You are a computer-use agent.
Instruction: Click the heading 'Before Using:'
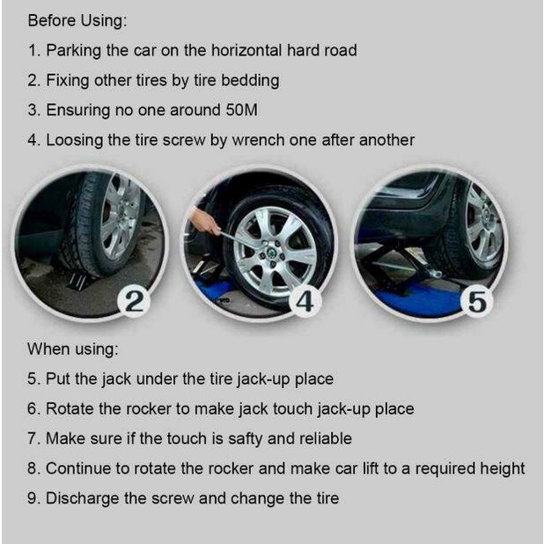pos(77,21)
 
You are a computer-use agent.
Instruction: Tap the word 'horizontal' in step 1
pos(246,50)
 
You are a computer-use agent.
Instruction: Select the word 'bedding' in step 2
pos(250,80)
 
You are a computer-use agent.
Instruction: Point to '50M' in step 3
pos(242,110)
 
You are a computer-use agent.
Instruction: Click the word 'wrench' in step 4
pos(258,140)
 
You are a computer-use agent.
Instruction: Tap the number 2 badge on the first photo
pos(134,301)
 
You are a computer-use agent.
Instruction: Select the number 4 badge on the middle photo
pos(305,301)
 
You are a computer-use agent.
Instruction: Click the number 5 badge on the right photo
pos(477,301)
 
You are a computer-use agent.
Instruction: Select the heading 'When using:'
pos(73,349)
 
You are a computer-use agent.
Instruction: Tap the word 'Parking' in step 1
pos(74,51)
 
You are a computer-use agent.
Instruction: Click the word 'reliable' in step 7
pos(326,438)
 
